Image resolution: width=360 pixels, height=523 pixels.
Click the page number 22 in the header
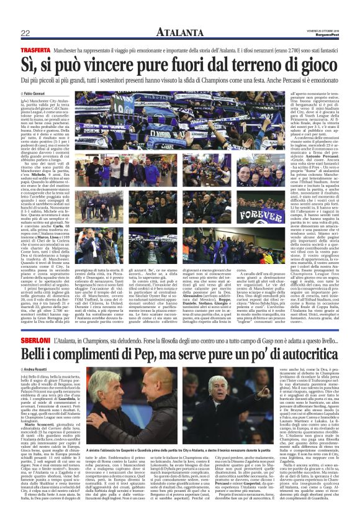25,33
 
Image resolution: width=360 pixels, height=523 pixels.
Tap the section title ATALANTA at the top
179,32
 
